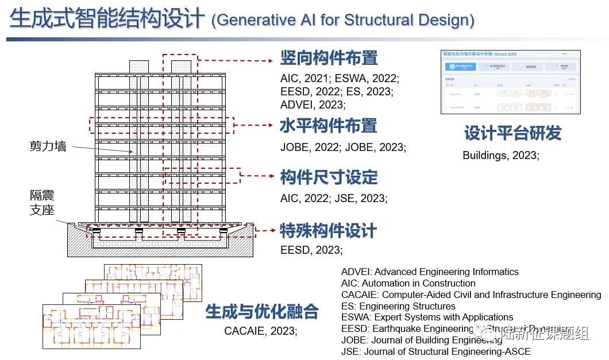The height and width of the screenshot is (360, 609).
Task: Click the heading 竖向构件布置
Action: point(329,58)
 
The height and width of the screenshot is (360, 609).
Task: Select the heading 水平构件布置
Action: point(328,126)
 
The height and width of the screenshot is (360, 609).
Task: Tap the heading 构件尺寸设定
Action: point(329,177)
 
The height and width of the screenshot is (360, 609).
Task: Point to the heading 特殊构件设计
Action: point(328,231)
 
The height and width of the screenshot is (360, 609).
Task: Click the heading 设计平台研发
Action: point(512,134)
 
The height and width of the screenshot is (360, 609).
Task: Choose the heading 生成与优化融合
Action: point(262,312)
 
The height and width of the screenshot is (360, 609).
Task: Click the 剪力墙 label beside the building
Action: point(48,146)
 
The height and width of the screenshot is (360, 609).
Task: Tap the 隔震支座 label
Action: point(42,203)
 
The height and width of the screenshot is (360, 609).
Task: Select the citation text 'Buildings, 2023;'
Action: point(500,155)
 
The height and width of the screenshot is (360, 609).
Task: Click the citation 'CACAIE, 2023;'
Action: point(260,331)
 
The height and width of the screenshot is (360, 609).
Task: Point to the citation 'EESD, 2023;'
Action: point(311,250)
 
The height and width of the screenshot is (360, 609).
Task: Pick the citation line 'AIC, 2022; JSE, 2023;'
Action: point(334,198)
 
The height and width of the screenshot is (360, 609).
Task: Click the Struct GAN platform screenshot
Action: point(510,82)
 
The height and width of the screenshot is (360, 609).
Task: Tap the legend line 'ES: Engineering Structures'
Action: point(398,306)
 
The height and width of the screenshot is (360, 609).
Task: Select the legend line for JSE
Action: point(435,351)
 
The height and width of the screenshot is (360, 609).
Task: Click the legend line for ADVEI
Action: point(429,272)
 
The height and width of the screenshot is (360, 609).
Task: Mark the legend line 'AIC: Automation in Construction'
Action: point(408,283)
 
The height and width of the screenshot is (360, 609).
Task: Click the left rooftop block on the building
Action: point(138,67)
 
